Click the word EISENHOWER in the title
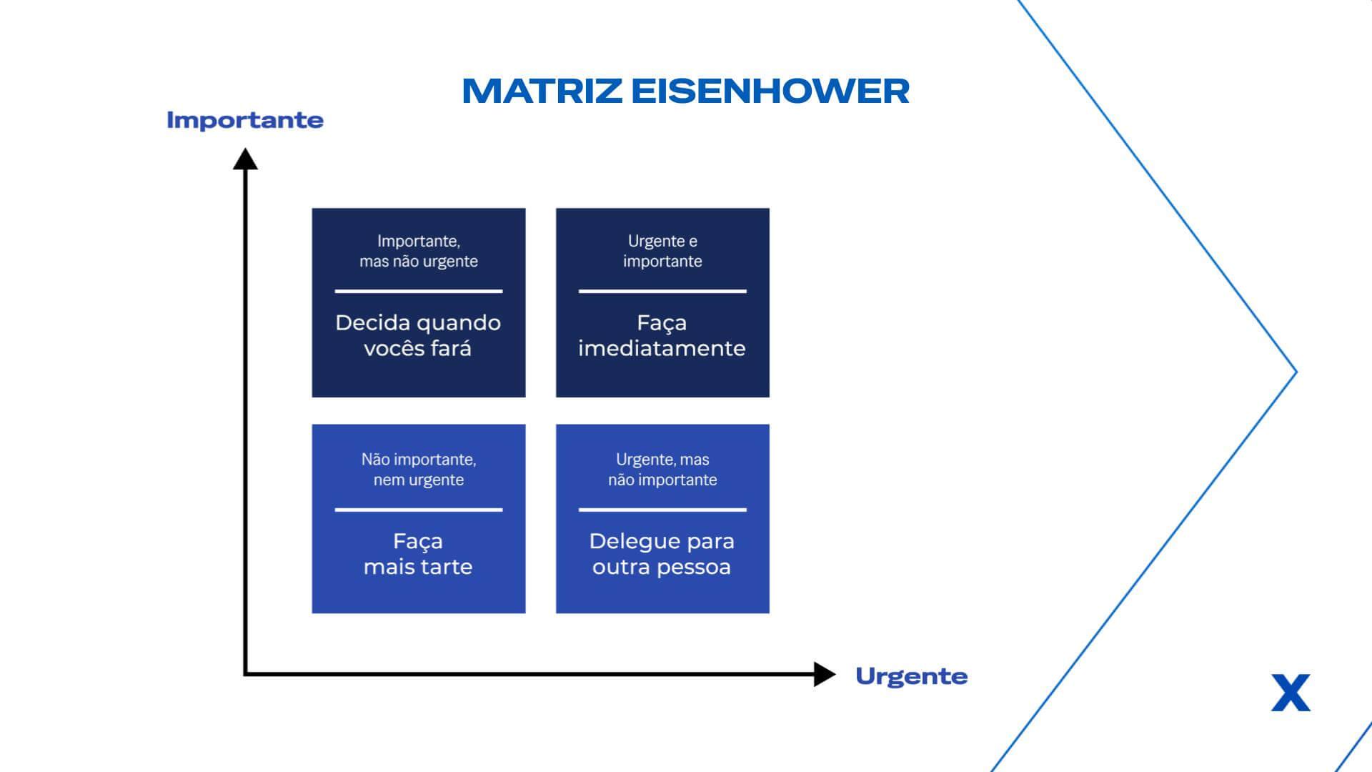[770, 91]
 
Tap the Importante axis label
[245, 120]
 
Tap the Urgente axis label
[911, 676]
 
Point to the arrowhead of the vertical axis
[245, 158]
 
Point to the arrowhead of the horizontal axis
[825, 674]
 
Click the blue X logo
[1291, 693]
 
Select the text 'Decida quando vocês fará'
[418, 335]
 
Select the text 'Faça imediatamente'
[662, 335]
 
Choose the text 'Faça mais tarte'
[418, 554]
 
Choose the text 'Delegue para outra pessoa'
[662, 554]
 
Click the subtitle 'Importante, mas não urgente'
[419, 251]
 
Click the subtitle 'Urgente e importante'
[662, 251]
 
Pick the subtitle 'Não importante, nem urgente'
[419, 470]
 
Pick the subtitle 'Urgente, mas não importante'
[662, 470]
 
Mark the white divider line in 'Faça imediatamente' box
[662, 292]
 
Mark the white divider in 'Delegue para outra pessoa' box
[662, 510]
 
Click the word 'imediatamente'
[662, 348]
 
